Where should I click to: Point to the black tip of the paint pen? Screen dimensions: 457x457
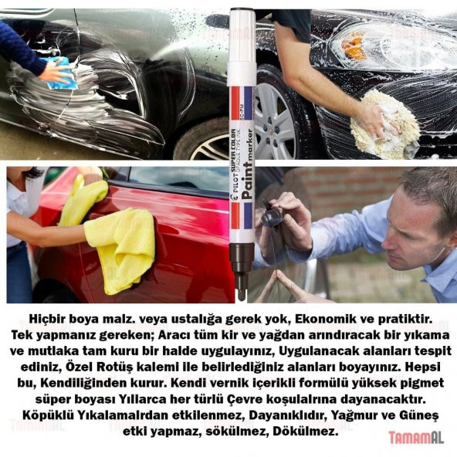click(242, 283)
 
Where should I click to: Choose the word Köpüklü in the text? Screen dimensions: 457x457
click(43, 416)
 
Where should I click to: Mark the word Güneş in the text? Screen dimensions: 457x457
click(419, 416)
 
